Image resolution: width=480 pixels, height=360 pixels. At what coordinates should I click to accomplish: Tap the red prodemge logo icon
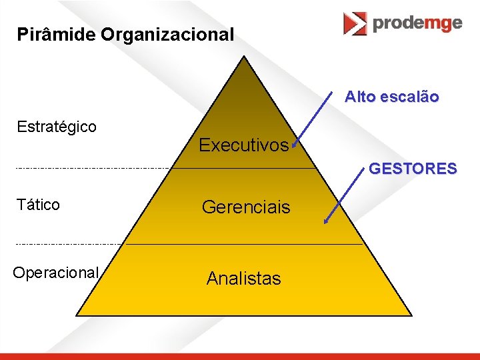355,23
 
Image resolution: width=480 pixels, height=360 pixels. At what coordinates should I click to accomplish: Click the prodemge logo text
417,23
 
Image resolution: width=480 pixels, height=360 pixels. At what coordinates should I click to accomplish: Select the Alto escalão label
391,97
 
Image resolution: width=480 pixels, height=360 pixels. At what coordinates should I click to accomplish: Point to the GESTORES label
413,169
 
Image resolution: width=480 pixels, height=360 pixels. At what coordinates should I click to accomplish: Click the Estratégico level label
57,126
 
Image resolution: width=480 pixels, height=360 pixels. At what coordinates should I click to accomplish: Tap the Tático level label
39,205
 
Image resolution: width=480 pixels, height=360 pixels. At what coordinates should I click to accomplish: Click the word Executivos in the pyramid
243,145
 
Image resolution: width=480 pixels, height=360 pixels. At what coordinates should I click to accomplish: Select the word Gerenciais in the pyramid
246,207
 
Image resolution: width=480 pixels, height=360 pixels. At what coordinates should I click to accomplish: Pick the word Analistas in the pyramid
243,278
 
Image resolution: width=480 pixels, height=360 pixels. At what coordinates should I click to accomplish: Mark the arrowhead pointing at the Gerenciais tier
326,222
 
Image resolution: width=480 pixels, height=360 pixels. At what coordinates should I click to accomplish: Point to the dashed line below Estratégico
93,168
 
